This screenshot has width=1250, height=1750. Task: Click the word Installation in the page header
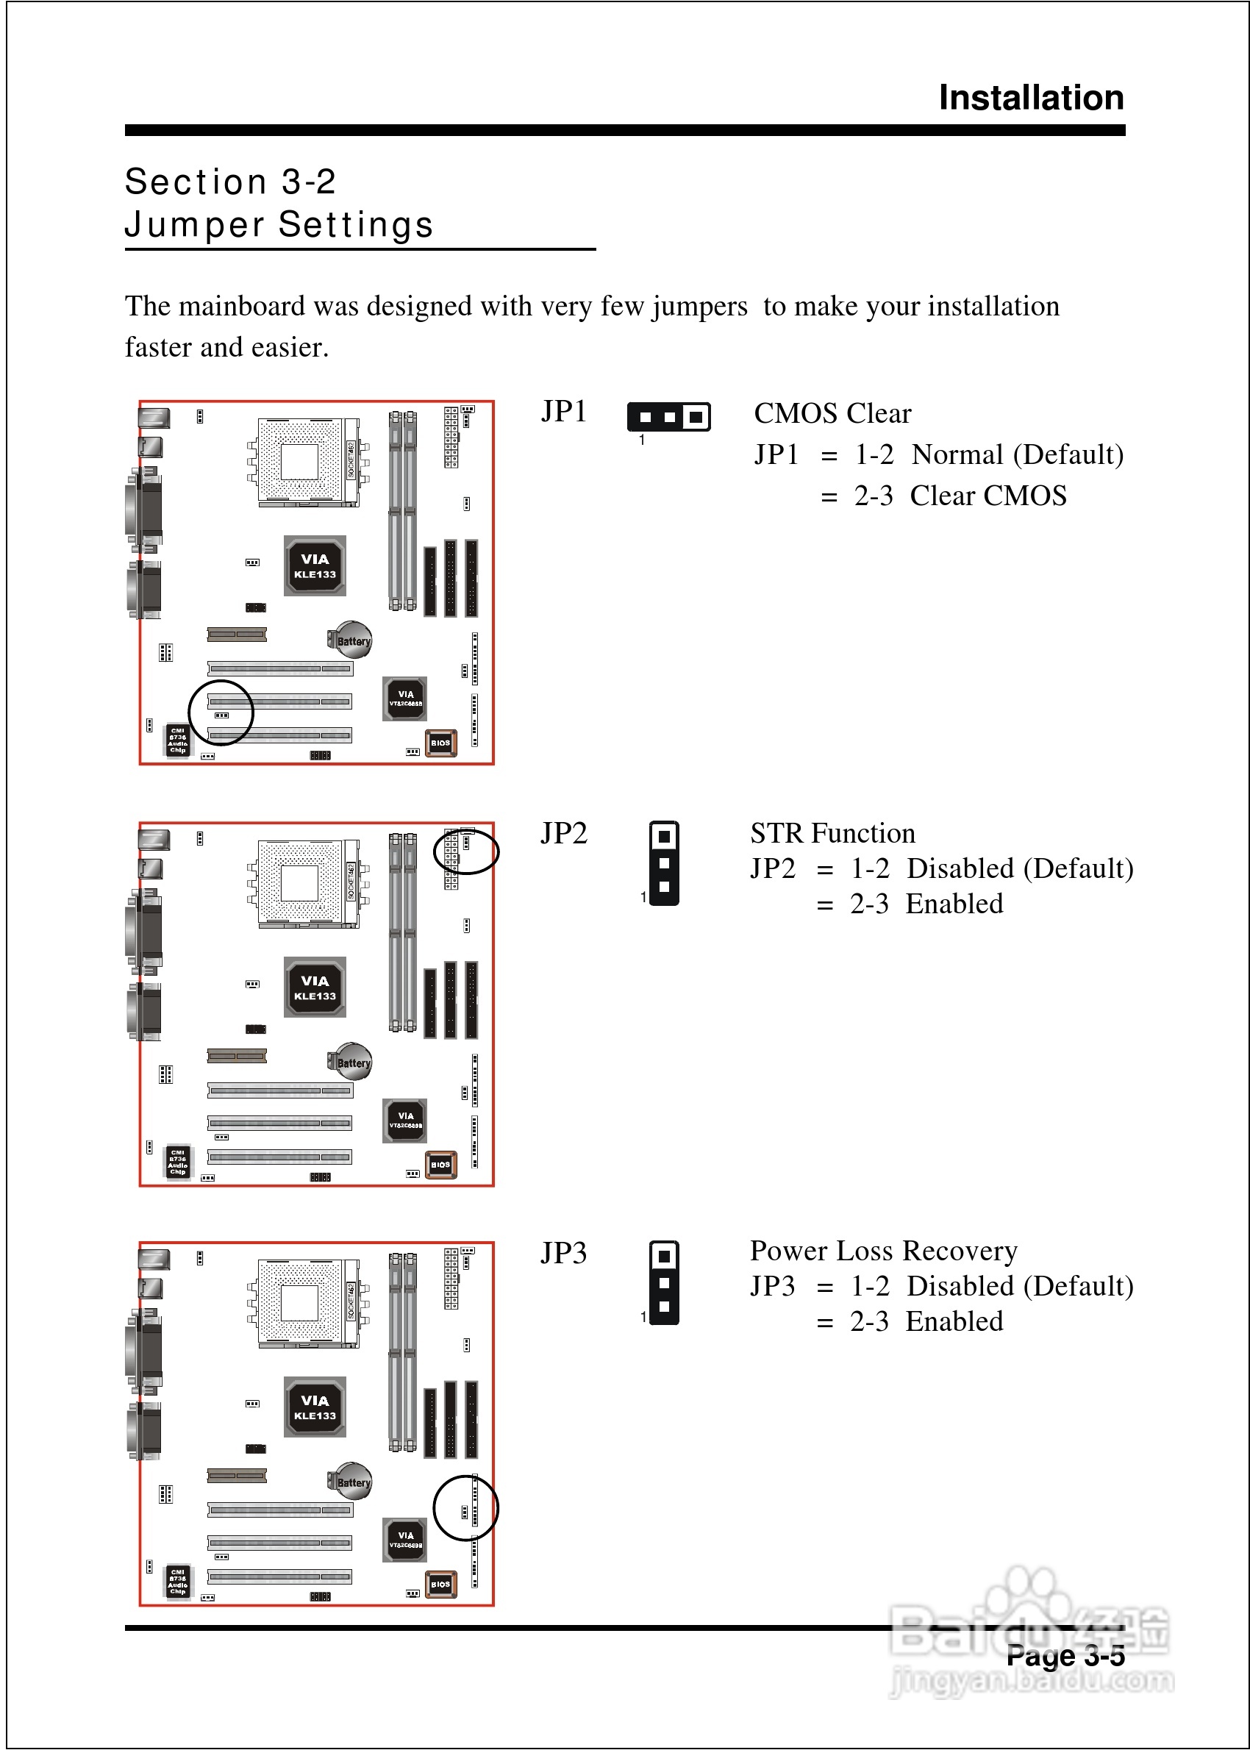click(1031, 98)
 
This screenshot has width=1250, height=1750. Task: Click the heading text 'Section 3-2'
click(230, 182)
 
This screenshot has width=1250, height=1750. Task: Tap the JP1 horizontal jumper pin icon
click(668, 417)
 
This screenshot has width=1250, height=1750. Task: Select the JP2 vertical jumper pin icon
click(663, 863)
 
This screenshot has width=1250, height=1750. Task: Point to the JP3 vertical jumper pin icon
click(663, 1282)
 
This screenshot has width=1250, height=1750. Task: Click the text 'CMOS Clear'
click(832, 413)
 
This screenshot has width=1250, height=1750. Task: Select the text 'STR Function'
click(832, 832)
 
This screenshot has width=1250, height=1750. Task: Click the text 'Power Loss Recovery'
click(883, 1251)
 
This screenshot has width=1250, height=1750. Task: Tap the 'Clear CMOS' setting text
click(988, 496)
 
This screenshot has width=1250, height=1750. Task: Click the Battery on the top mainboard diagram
click(352, 640)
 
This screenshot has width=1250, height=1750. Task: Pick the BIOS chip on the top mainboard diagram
click(440, 743)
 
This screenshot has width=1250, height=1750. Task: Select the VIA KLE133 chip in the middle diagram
click(315, 988)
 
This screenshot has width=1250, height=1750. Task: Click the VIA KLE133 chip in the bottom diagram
click(315, 1407)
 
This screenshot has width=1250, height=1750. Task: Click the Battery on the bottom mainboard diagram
click(352, 1482)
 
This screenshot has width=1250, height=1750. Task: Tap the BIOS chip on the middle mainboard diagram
click(440, 1165)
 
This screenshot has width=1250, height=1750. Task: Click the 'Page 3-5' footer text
click(1065, 1655)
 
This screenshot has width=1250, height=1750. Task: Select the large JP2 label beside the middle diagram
click(563, 832)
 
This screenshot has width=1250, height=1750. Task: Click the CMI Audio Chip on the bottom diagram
click(178, 1583)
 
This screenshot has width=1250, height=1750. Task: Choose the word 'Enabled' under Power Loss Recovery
click(954, 1321)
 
